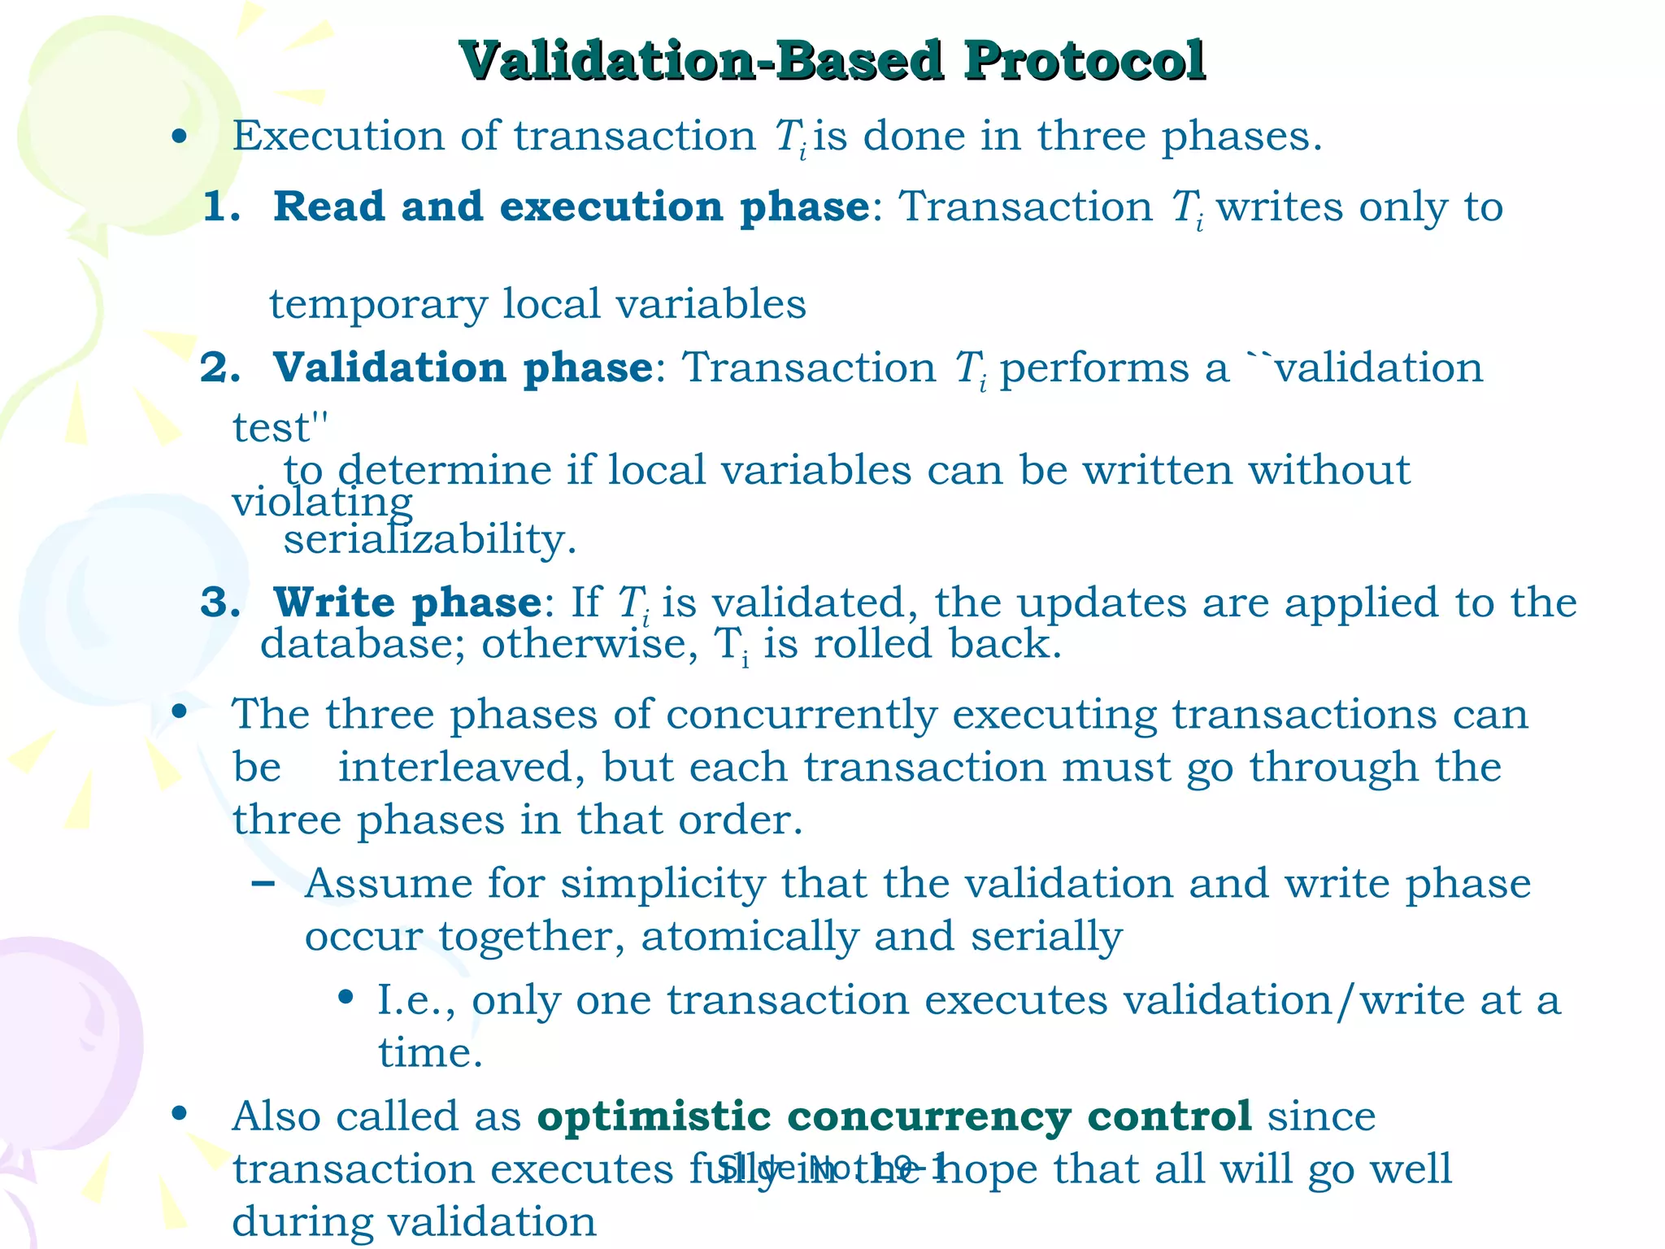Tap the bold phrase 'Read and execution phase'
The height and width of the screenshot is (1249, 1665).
point(571,207)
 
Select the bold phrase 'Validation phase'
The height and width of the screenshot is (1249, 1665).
point(463,368)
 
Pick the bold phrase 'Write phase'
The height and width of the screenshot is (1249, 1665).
point(407,603)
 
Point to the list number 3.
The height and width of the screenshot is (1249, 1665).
point(220,603)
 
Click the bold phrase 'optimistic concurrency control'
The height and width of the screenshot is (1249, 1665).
point(893,1116)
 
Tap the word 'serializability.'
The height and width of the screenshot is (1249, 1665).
point(430,539)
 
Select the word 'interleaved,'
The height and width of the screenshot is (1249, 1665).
point(461,767)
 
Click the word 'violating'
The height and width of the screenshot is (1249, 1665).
point(322,503)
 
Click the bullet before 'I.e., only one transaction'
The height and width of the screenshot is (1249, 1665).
point(346,998)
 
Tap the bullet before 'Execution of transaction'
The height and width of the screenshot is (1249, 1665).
point(180,137)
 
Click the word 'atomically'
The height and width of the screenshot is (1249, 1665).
point(750,936)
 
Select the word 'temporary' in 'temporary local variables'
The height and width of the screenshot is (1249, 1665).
point(378,305)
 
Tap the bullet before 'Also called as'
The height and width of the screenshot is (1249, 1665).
point(180,1114)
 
